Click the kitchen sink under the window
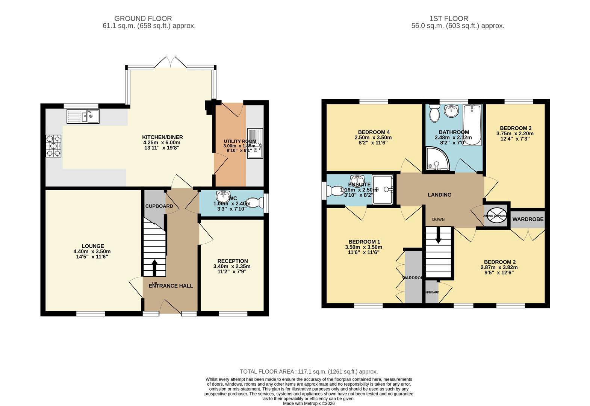point(83,116)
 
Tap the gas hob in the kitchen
point(54,146)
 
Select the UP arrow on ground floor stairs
point(154,268)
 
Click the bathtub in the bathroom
point(472,126)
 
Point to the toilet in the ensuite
point(334,191)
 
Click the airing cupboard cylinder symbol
point(496,215)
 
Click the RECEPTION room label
point(233,261)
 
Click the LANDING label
point(439,195)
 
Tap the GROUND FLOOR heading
point(143,18)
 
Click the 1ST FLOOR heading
point(449,18)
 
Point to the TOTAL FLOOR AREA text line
point(309,371)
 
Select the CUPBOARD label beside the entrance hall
point(159,206)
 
